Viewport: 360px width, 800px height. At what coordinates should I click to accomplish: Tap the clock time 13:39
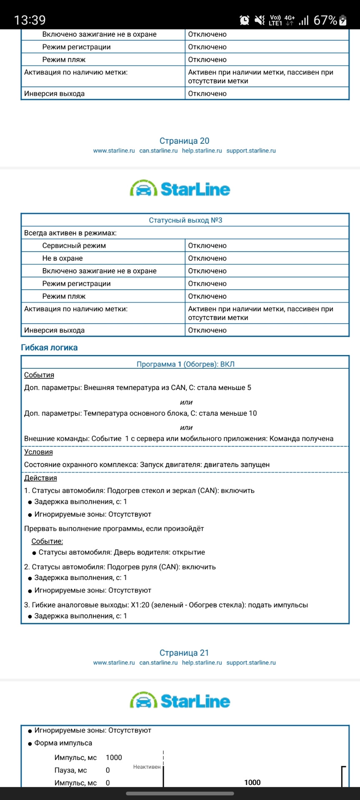click(x=30, y=20)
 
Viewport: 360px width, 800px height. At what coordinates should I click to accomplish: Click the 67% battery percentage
click(x=325, y=20)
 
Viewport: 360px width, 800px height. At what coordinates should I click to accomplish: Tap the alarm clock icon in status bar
click(x=245, y=20)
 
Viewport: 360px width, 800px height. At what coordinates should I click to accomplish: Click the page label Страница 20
click(x=184, y=141)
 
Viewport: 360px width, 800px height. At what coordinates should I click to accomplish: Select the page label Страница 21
click(x=184, y=653)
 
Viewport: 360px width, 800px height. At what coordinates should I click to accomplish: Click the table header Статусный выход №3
click(x=185, y=220)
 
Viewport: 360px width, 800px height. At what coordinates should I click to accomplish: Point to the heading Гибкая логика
click(x=49, y=347)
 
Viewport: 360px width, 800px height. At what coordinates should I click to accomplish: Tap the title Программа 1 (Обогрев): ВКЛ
click(x=185, y=364)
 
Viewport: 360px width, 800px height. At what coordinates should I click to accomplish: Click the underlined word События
click(x=39, y=375)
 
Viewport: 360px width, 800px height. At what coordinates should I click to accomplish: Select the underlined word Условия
click(x=38, y=452)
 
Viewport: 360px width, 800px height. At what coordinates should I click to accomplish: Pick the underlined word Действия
click(x=40, y=478)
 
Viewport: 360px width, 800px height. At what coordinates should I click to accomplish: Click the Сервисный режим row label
click(x=74, y=245)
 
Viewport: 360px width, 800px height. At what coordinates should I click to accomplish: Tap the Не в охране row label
click(x=62, y=258)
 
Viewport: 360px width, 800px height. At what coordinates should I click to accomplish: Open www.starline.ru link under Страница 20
click(x=114, y=151)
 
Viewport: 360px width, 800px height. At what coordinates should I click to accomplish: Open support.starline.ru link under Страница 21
click(x=251, y=662)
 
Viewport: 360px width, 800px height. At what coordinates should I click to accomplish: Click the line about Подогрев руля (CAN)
click(x=120, y=567)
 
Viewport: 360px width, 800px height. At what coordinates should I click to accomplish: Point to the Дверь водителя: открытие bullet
click(x=122, y=552)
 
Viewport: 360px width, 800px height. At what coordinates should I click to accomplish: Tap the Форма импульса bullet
click(x=63, y=743)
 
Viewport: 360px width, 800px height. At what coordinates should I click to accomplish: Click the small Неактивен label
click(x=147, y=767)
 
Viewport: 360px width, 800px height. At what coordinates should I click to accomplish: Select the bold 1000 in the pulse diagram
click(x=252, y=782)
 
